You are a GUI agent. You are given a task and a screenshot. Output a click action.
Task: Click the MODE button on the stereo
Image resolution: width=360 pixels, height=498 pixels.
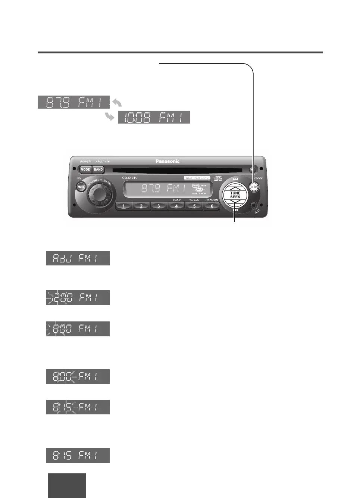click(x=85, y=169)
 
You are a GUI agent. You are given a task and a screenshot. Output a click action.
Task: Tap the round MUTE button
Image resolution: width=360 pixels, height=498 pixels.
click(x=81, y=187)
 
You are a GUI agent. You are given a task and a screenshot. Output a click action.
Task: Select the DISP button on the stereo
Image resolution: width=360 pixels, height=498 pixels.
click(x=254, y=187)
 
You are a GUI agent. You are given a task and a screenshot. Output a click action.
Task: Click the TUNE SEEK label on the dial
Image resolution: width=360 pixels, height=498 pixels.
click(x=235, y=195)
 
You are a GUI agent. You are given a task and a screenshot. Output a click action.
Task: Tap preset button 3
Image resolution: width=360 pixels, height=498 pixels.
click(x=159, y=206)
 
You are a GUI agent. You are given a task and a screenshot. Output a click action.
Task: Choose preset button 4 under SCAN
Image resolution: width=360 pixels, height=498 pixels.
click(x=176, y=206)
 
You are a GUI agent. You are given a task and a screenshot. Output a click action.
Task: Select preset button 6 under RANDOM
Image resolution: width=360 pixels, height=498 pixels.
click(x=212, y=206)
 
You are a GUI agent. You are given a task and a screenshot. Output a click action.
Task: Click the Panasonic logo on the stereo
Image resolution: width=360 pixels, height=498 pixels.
click(x=168, y=161)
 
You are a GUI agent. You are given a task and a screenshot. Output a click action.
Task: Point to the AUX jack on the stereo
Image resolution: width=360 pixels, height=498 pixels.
click(x=254, y=205)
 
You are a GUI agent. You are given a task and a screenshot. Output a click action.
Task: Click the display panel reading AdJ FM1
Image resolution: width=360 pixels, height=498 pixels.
click(x=78, y=258)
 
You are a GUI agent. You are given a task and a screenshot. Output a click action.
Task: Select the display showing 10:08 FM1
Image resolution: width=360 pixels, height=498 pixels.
click(x=154, y=117)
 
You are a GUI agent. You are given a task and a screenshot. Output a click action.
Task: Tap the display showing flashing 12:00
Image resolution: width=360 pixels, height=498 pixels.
click(x=78, y=298)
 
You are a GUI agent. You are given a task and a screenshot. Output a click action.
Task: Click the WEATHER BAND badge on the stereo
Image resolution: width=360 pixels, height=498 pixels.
click(x=197, y=178)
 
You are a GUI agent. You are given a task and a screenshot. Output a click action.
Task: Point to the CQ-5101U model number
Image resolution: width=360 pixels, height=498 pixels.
click(x=130, y=178)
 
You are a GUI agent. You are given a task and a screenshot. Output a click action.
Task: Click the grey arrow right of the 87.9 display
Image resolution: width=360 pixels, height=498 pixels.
click(x=117, y=102)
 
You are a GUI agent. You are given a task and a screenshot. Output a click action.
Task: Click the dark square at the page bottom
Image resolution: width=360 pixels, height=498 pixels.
click(x=67, y=485)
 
